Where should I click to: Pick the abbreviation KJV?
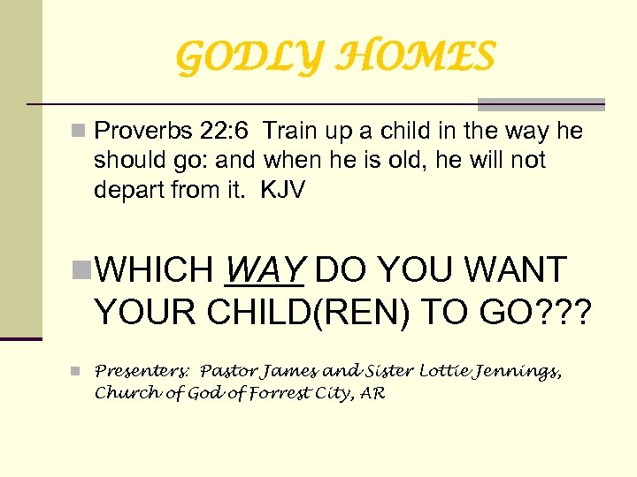click(282, 189)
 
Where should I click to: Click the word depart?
click(124, 189)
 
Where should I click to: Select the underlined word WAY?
click(265, 269)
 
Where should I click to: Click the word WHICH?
click(156, 269)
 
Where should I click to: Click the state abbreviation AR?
click(372, 393)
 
